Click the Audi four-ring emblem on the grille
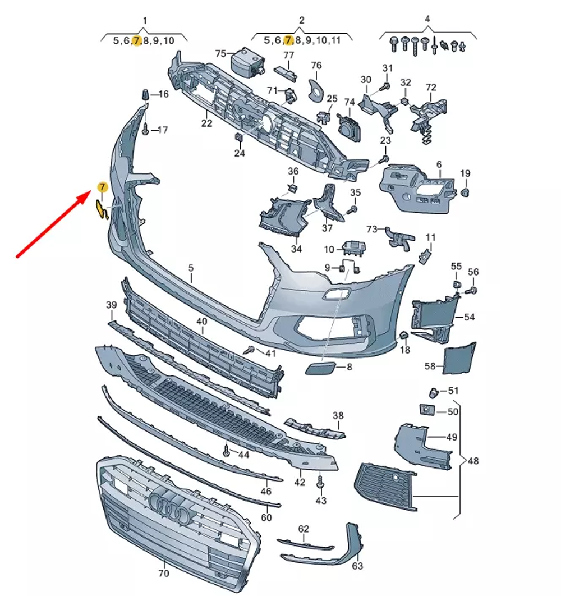171,505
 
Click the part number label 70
164,574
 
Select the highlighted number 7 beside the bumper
102,186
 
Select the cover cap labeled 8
320,368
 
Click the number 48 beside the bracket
473,461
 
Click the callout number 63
357,566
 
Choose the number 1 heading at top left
145,21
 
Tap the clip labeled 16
145,94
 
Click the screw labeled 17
145,130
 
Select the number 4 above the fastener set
427,19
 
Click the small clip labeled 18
403,336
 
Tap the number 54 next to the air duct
469,317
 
